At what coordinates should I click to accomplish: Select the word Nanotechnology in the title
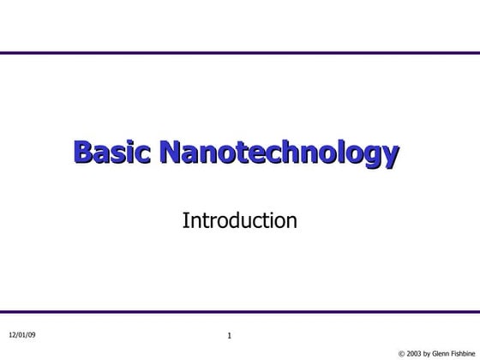279,154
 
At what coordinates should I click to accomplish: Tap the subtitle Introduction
239,221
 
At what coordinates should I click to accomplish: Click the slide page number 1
230,335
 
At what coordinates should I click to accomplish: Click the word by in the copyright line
431,352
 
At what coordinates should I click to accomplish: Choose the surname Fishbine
466,352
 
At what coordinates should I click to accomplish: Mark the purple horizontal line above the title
240,53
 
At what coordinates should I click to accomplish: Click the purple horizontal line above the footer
240,312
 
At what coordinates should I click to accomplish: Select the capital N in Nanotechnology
171,153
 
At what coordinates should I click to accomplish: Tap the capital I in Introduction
185,221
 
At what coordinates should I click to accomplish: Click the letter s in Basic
122,155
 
